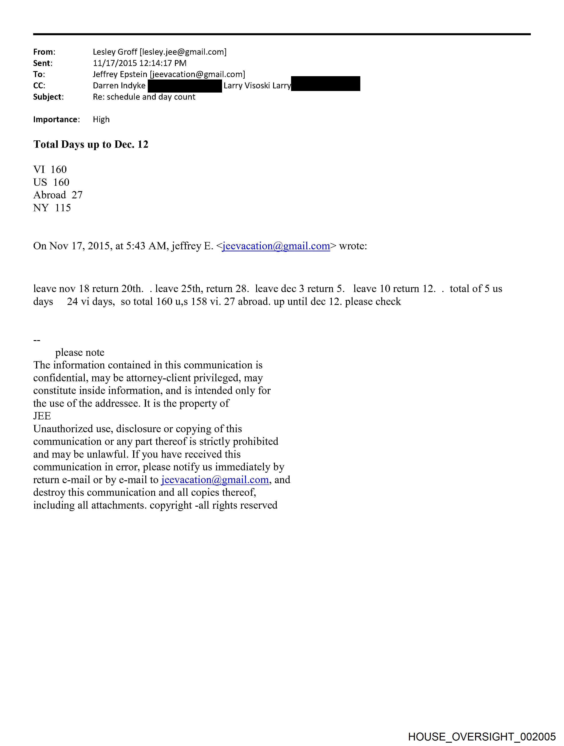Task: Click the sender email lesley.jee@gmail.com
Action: click(183, 52)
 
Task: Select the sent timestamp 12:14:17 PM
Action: click(163, 63)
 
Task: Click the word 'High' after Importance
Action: click(101, 119)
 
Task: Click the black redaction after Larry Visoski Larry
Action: click(326, 84)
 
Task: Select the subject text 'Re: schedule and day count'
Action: click(144, 97)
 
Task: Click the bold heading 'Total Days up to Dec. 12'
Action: click(91, 144)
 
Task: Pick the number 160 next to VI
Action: click(59, 169)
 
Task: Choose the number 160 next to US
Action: click(61, 182)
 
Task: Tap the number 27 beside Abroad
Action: click(77, 195)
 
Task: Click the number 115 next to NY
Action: click(63, 208)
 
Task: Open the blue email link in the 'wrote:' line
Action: click(276, 246)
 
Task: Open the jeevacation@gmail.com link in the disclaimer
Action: click(215, 480)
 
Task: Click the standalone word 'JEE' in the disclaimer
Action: click(42, 416)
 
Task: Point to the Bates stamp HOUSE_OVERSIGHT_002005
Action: click(482, 736)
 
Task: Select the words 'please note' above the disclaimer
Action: click(80, 353)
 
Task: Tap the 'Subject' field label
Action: click(48, 97)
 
